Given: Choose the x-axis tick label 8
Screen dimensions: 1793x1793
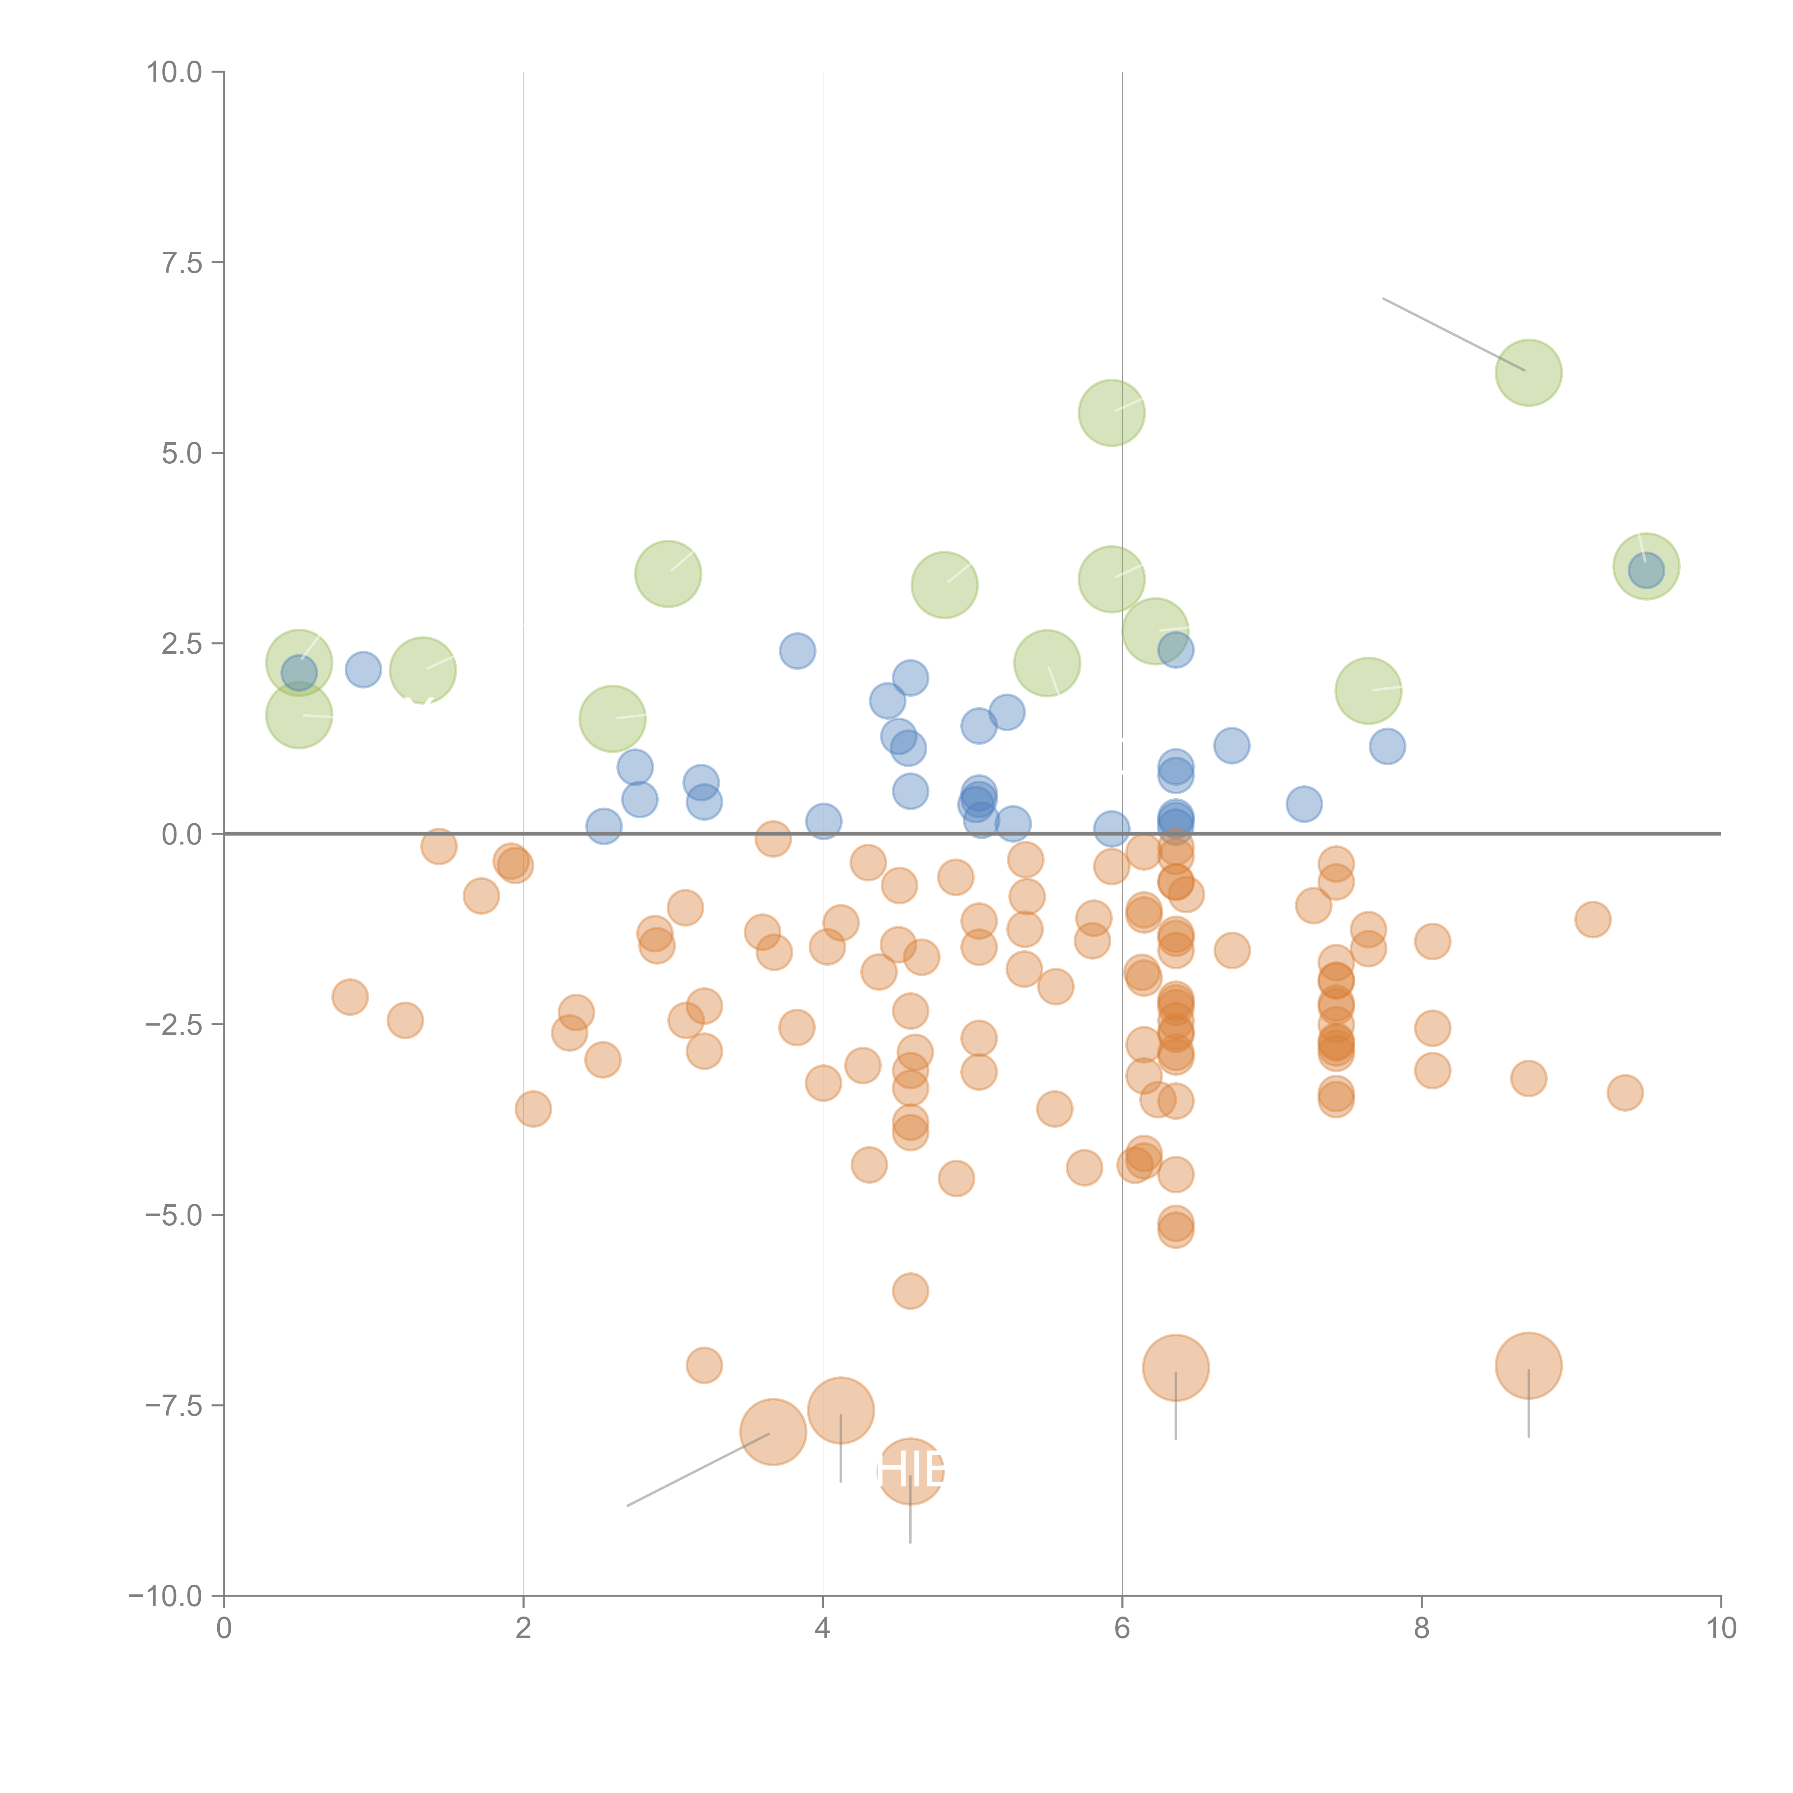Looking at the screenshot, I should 1421,1629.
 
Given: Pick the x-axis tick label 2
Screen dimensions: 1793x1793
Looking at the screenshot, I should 524,1629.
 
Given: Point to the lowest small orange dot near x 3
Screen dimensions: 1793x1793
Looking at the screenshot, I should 704,1365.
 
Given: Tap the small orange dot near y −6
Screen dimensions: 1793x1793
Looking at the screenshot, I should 910,1290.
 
